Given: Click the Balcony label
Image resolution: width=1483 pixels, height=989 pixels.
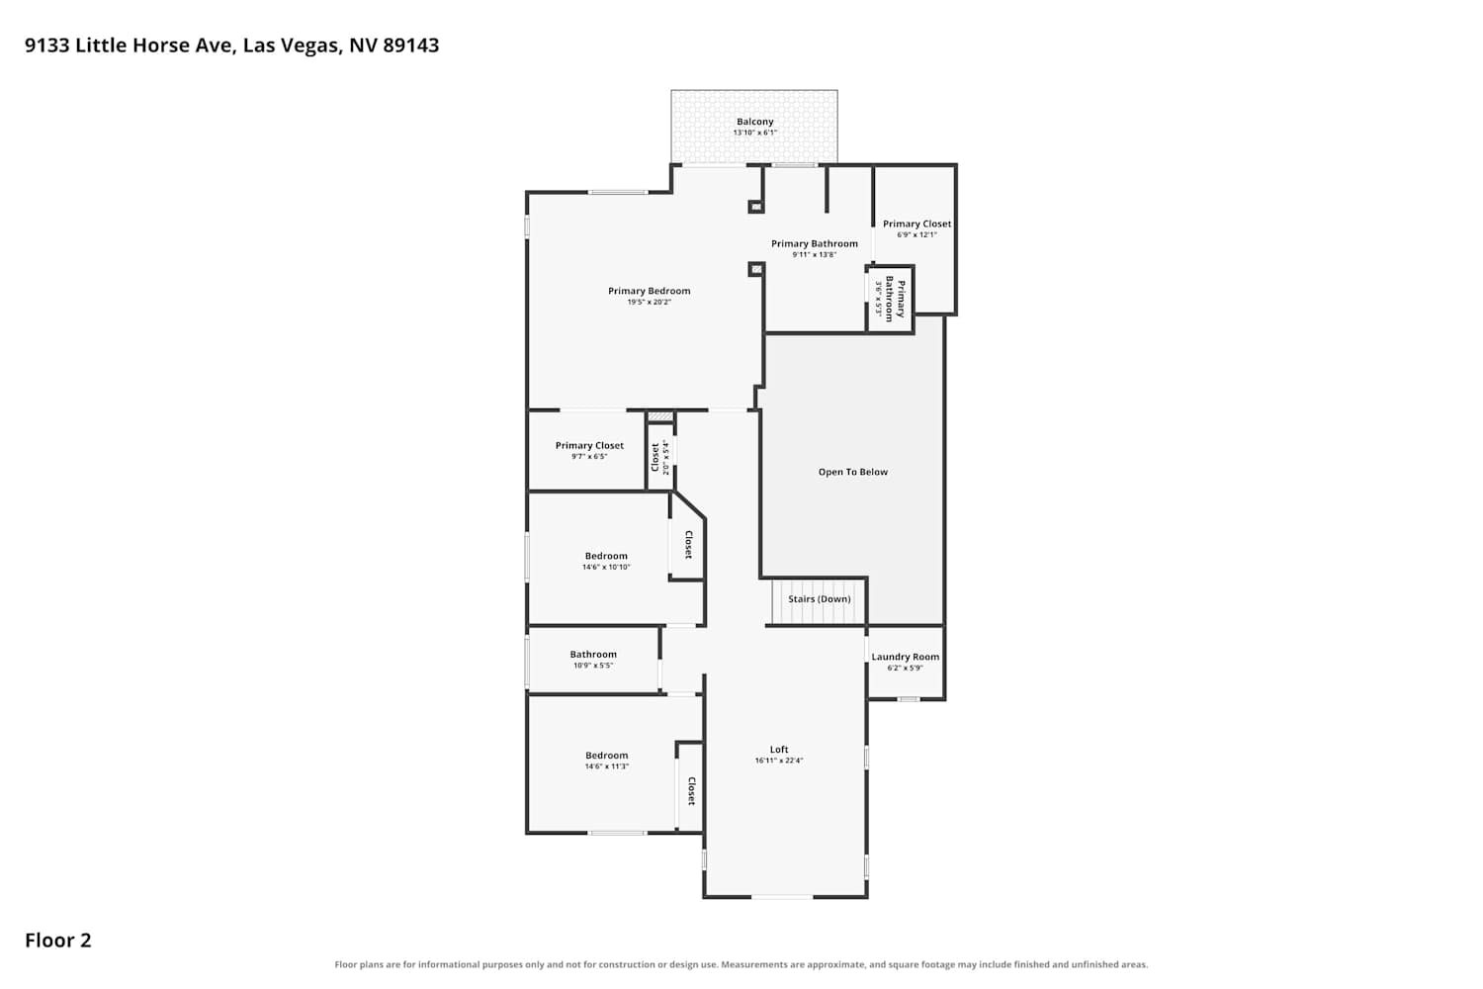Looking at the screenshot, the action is (x=754, y=122).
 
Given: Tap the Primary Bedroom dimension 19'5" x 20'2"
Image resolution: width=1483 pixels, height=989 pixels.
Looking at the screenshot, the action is (x=649, y=302).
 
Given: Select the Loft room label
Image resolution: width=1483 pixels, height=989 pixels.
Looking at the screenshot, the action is (x=779, y=750).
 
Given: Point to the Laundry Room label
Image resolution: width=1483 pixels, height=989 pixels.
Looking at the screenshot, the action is (x=905, y=657).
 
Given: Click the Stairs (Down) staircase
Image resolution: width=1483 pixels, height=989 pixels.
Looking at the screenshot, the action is (x=819, y=601).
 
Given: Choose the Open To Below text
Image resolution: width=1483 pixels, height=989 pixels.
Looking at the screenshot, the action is (x=852, y=472).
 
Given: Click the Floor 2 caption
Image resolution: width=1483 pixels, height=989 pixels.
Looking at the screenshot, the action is (x=58, y=940).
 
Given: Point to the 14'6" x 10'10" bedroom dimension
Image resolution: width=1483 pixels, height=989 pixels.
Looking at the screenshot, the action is (x=606, y=567).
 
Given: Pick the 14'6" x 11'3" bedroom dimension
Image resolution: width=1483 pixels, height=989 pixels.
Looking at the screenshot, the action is (x=606, y=766).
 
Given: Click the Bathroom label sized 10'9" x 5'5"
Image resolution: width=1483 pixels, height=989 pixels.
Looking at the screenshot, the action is (x=593, y=655).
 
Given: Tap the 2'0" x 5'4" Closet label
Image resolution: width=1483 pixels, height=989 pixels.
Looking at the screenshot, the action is (x=660, y=458).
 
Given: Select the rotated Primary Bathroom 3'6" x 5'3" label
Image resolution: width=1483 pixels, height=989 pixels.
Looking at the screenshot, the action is (x=890, y=299).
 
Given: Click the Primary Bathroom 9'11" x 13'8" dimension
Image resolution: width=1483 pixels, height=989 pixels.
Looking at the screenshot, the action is (x=815, y=254).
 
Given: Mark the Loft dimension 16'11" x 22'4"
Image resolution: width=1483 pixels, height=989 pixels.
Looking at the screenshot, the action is (x=779, y=761).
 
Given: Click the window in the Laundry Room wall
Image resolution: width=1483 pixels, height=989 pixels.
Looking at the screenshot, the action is (x=909, y=699).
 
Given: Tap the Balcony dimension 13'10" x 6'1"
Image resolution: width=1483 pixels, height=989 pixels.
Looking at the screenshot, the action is (x=754, y=133).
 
